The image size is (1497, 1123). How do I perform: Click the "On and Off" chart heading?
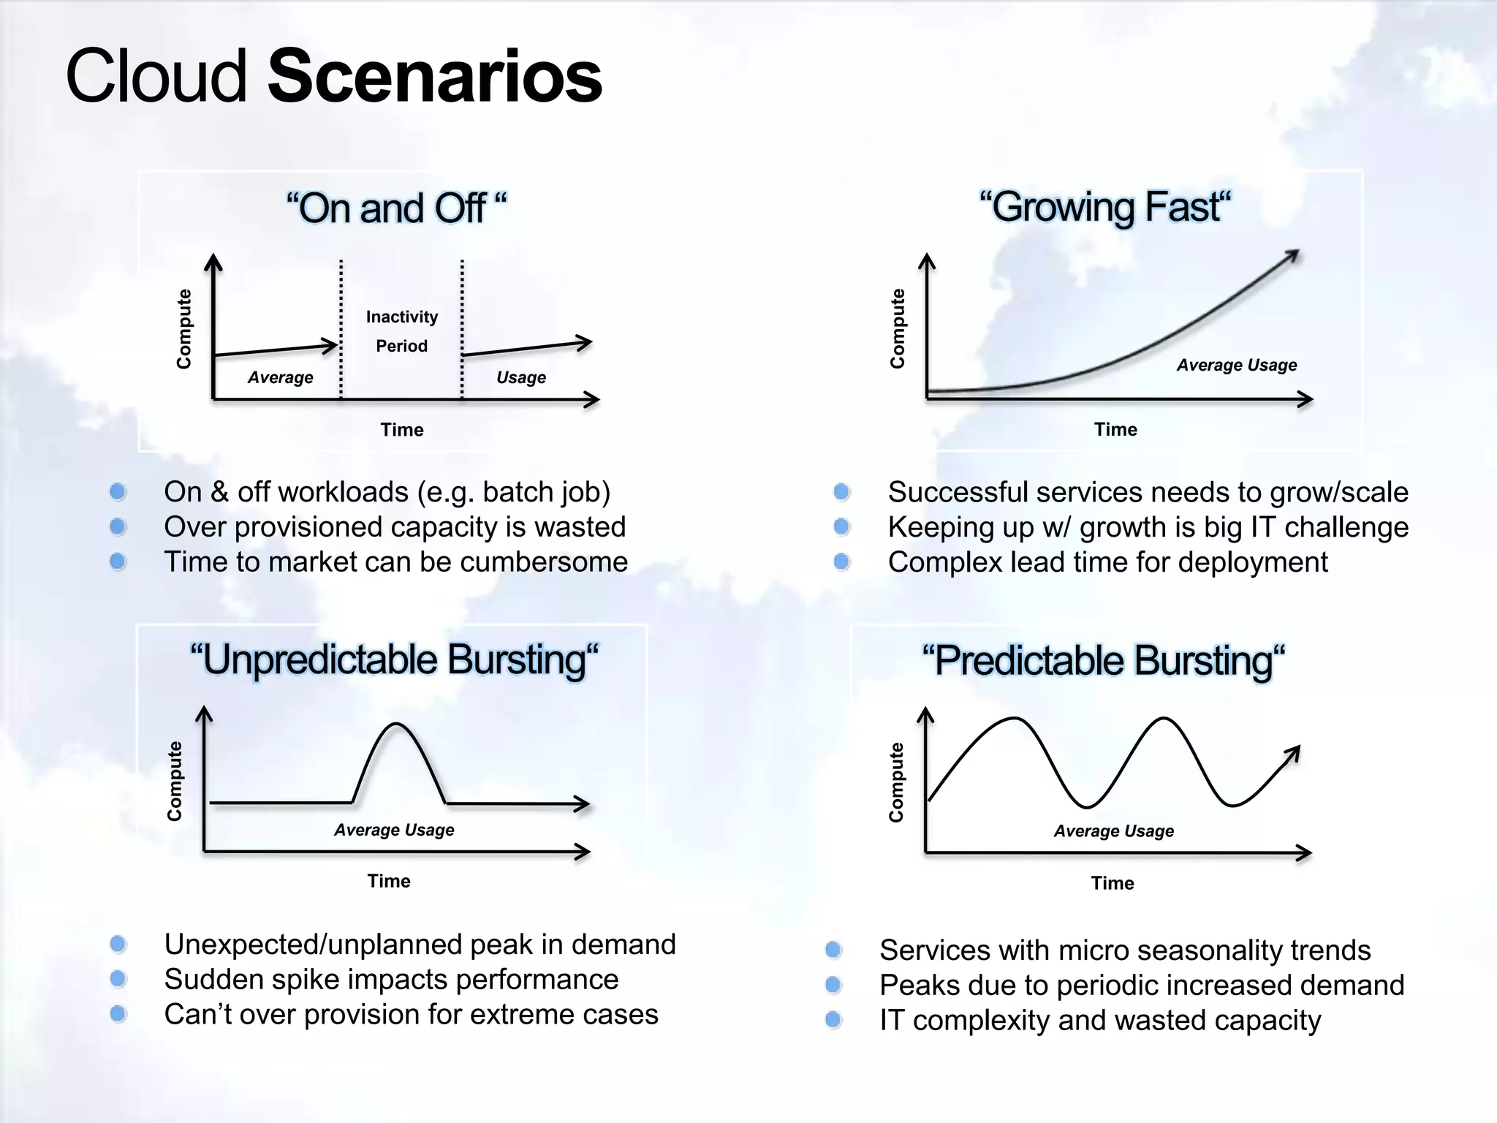click(395, 208)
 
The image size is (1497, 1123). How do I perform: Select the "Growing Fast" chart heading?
click(1105, 207)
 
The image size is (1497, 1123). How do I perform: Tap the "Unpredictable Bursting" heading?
click(394, 659)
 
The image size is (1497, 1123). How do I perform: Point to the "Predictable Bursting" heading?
click(1103, 661)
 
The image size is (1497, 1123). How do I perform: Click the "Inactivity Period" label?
click(401, 331)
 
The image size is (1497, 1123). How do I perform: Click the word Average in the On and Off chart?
click(280, 377)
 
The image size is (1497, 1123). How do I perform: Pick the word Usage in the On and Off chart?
click(520, 377)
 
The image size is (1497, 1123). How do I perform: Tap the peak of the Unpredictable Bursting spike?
click(396, 724)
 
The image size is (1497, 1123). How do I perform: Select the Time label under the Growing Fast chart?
click(1115, 429)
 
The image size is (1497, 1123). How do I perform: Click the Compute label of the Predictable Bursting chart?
click(896, 782)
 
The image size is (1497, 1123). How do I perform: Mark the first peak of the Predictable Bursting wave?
click(1015, 719)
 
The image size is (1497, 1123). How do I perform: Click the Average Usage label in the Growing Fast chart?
click(1236, 365)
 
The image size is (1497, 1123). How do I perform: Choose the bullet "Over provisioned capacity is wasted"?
click(395, 526)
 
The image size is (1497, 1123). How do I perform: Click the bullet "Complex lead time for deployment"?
click(1107, 561)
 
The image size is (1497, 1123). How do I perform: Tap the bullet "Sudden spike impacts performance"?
click(391, 979)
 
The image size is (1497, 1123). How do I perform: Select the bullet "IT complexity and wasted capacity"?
click(1100, 1020)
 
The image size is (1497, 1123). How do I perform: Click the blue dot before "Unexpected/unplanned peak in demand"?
click(118, 944)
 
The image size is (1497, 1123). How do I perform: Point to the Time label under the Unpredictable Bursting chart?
click(389, 881)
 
